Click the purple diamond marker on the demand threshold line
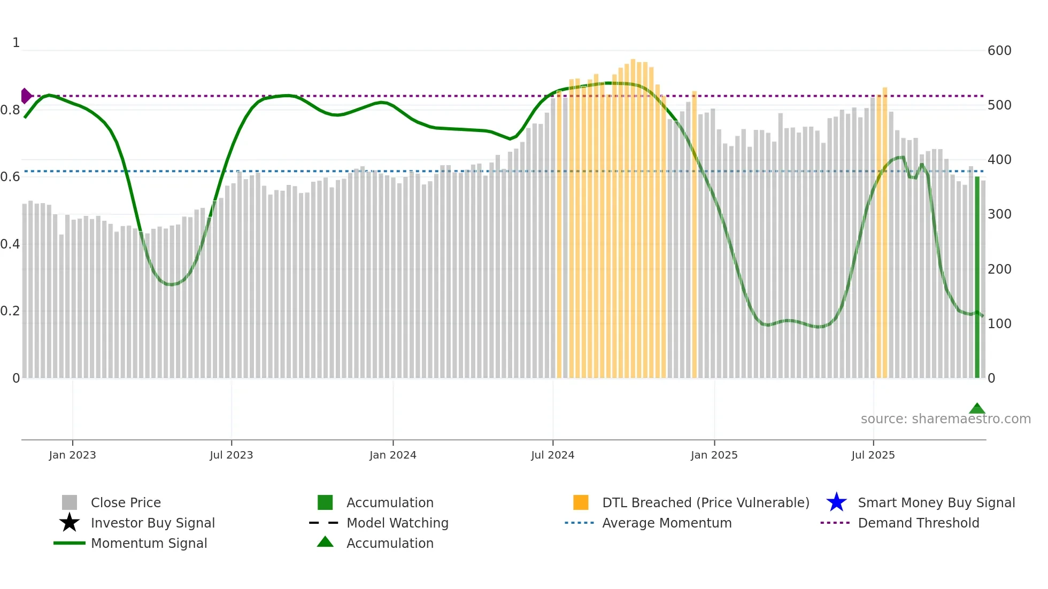(26, 96)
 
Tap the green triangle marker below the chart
(977, 409)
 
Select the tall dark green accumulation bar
(977, 278)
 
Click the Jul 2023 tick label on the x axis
(231, 455)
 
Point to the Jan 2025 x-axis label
(714, 455)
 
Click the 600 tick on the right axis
(999, 51)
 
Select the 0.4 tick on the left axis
(10, 244)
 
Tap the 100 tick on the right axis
(999, 324)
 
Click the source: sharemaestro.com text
(945, 419)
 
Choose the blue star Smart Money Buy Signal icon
(836, 502)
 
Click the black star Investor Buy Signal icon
(70, 523)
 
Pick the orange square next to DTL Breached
(581, 502)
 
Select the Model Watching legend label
(397, 523)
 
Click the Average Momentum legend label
(667, 523)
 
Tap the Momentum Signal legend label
(149, 543)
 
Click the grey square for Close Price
(70, 502)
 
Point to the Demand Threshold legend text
(918, 523)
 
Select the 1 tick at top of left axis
(16, 43)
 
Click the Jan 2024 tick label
(392, 455)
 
